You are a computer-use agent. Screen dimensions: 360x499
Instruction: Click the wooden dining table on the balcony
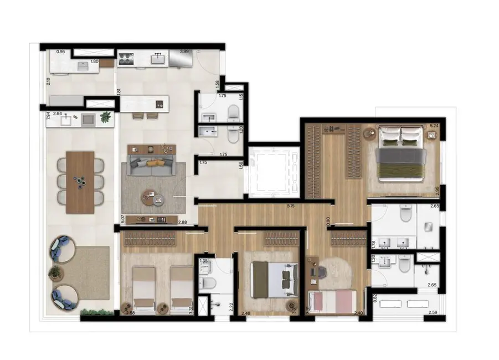coord(81,182)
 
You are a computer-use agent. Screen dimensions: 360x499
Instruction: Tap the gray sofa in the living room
coord(151,166)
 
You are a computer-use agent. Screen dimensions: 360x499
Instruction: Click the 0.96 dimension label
coord(61,52)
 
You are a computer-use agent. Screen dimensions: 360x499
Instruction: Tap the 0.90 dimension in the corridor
coord(328,220)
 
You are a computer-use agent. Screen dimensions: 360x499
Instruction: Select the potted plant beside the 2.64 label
coord(105,117)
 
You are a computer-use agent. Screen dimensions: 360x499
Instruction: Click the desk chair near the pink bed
coord(319,271)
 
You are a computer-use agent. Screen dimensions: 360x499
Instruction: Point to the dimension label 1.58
coord(218,84)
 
